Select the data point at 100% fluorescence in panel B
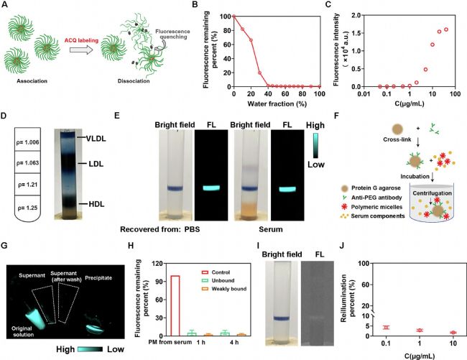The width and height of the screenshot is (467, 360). tap(233, 16)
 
